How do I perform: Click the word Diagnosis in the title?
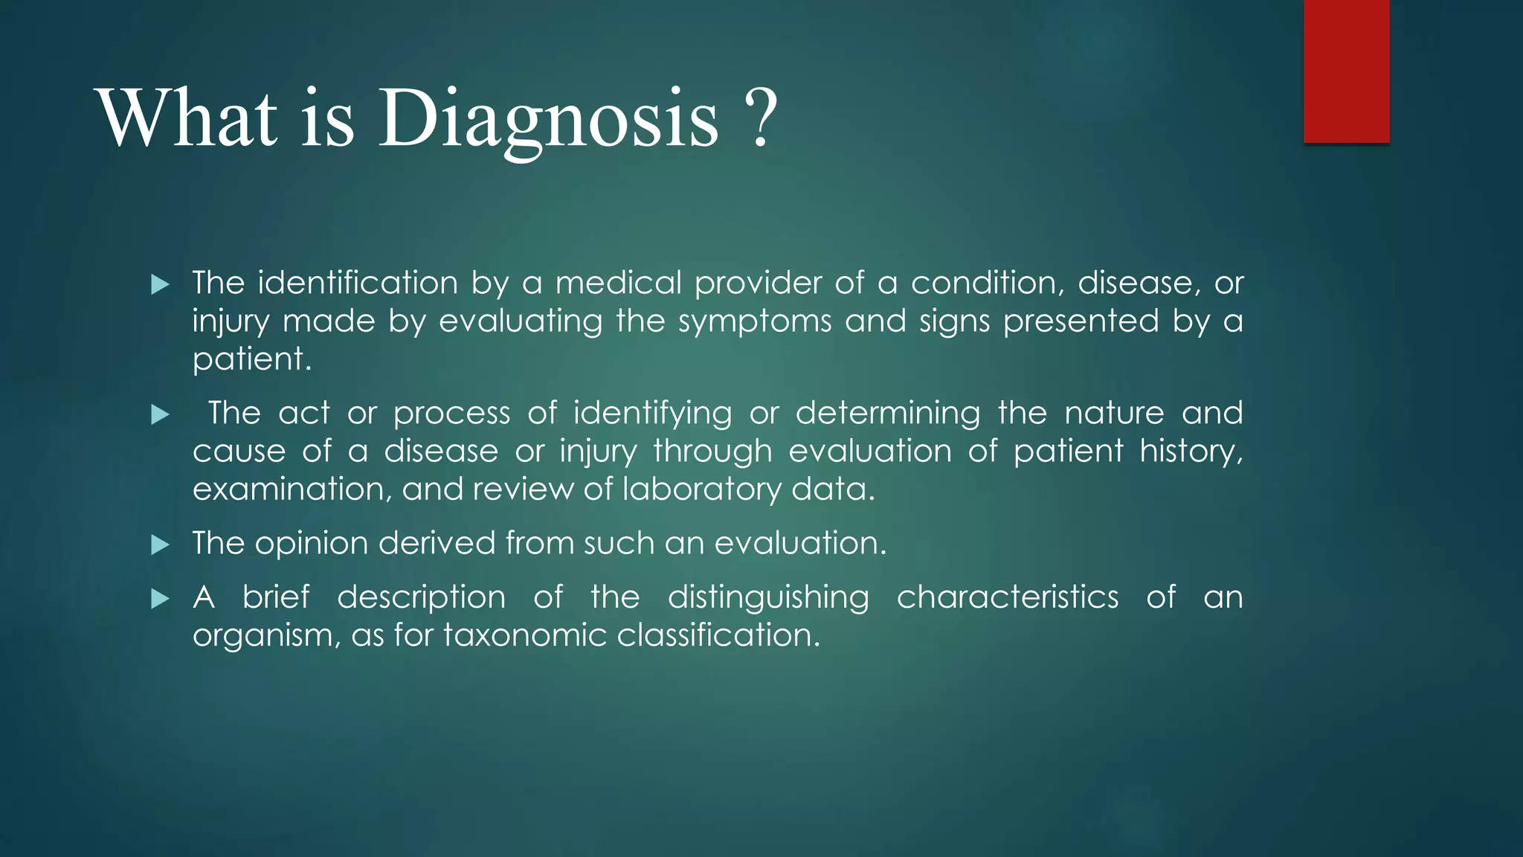coord(549,119)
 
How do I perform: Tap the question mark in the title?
coord(759,119)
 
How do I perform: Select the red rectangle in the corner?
coord(1346,71)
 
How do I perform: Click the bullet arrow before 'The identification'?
coord(160,284)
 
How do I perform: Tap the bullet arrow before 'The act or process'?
coord(160,414)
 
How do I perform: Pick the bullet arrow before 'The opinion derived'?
coord(160,545)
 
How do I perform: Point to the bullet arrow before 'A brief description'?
coord(160,599)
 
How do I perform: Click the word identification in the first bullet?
coord(358,283)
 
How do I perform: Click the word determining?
coord(888,413)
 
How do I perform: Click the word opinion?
coord(312,543)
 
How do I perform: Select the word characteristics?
coord(1007,597)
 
